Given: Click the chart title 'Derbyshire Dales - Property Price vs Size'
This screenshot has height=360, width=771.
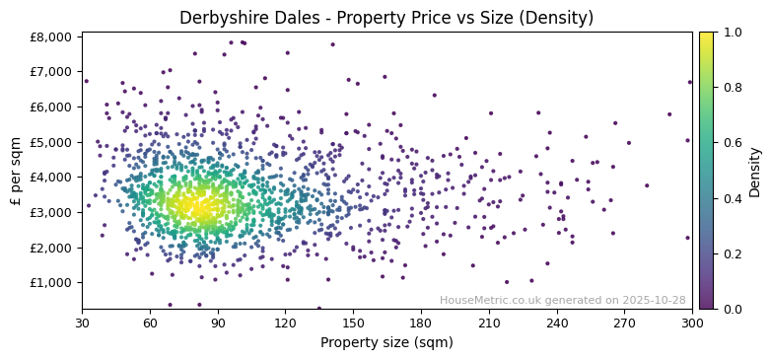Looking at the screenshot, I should coord(385,18).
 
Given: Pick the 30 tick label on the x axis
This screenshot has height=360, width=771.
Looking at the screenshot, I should coord(82,323).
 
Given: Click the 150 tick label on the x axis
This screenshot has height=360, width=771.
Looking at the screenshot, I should coord(353,323).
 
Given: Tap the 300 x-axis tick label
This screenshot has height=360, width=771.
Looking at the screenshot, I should coord(692,323).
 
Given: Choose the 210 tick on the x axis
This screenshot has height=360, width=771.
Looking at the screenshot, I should coord(489,323).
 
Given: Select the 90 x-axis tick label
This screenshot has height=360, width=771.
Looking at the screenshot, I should coord(218,323).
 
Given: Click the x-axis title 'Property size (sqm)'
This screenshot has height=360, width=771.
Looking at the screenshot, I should coord(386,342).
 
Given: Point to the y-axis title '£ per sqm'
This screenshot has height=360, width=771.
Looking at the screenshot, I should coord(17,171).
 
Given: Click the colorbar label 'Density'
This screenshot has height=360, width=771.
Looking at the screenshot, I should coord(755,171).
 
